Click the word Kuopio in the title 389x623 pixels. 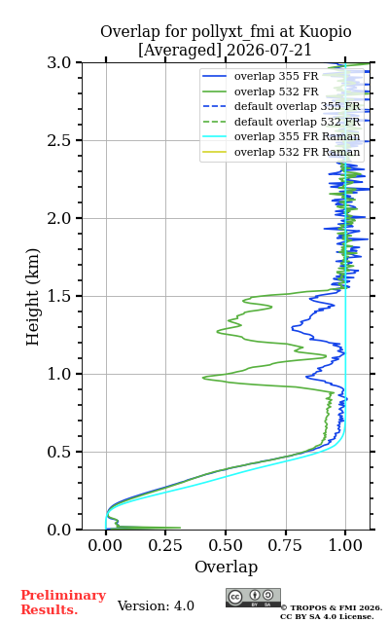325,32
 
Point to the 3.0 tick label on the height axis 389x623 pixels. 58,62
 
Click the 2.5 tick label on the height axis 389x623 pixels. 58,140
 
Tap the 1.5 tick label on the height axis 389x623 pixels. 58,296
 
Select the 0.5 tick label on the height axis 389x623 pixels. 58,452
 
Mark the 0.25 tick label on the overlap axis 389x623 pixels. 165,545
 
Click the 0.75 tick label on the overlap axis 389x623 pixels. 286,545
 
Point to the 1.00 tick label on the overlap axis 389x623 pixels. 346,545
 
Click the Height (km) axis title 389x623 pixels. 32,297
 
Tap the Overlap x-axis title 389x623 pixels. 227,567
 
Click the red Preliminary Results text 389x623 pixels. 63,603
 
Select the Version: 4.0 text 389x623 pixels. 156,605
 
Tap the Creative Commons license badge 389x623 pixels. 253,598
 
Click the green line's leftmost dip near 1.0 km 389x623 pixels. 203,378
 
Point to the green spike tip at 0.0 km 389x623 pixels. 180,528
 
